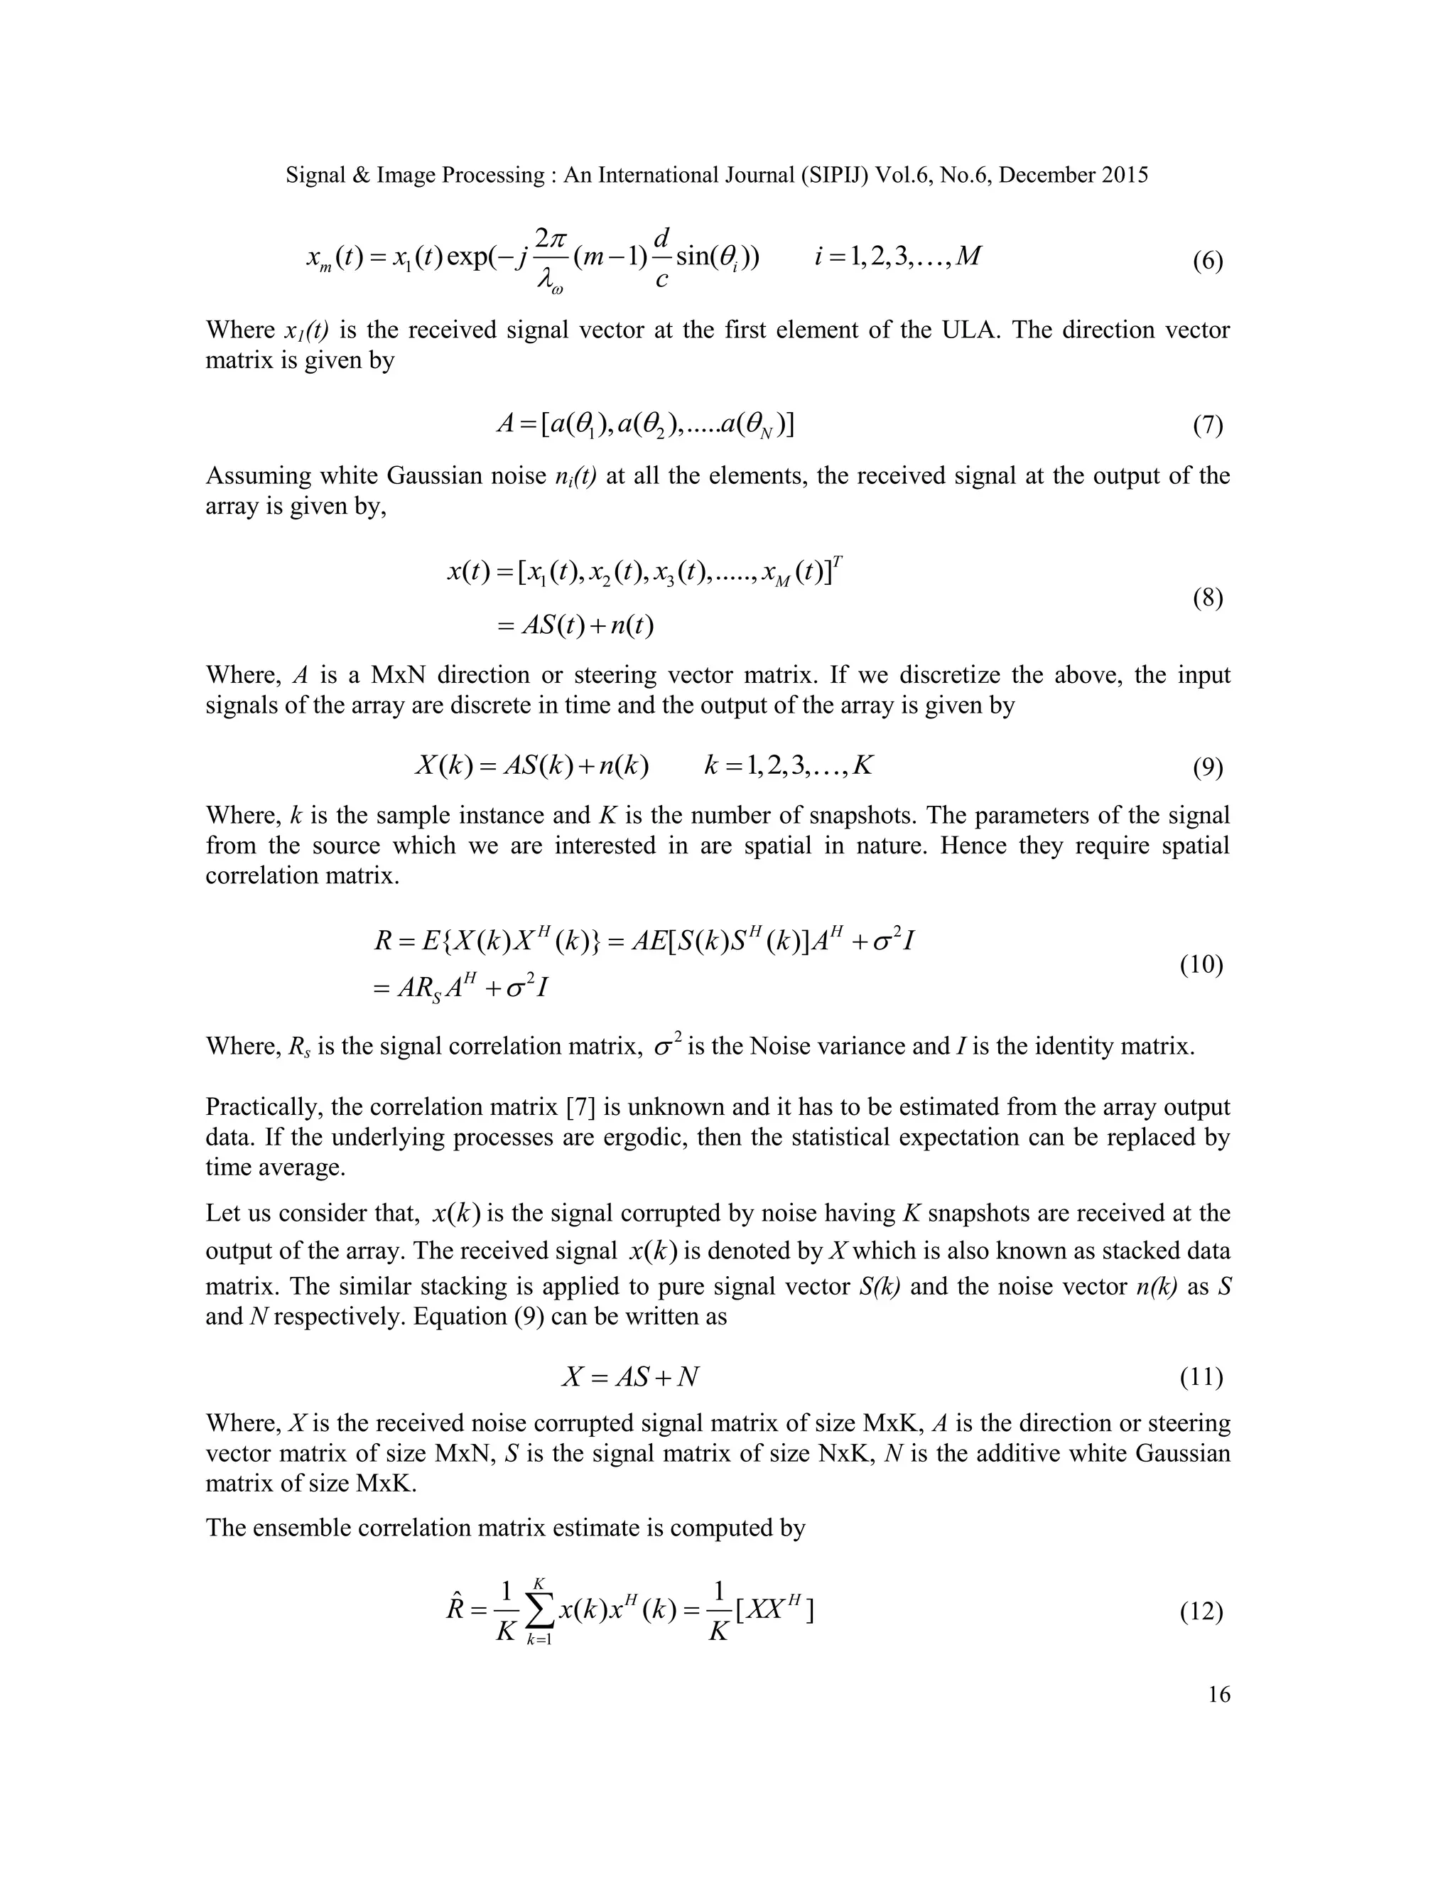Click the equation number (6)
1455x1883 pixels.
click(x=1208, y=262)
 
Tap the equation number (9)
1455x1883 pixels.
click(x=1208, y=767)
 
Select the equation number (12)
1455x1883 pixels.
click(x=1201, y=1612)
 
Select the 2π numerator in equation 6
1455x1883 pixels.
click(x=550, y=238)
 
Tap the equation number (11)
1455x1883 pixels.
click(x=1201, y=1378)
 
